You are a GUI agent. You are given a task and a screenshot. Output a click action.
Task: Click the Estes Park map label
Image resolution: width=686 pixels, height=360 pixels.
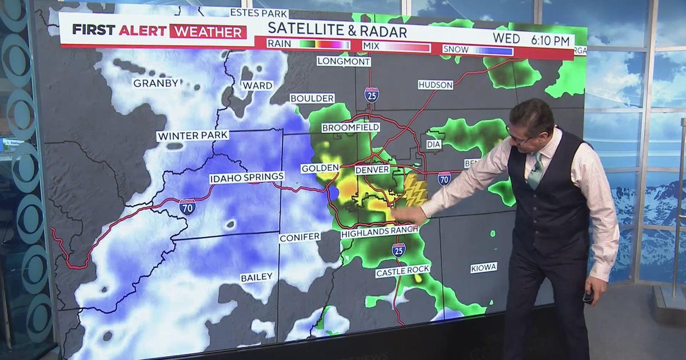coord(259,13)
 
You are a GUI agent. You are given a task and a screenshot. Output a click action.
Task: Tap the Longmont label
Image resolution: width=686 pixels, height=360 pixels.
coord(344,61)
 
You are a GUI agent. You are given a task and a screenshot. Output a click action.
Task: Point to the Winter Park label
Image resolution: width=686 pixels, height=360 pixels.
coord(193,136)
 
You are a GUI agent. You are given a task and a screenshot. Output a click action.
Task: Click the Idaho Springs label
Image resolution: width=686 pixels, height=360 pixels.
coord(246,178)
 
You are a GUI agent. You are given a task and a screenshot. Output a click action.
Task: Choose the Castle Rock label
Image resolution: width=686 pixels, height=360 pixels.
coord(402,271)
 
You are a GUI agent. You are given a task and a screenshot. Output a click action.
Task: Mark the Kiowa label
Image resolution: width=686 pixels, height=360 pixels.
coord(484,267)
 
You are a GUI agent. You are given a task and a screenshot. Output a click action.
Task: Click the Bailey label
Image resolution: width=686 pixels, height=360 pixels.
coord(256,278)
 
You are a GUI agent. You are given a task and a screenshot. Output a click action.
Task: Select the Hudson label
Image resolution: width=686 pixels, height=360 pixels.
coord(436,85)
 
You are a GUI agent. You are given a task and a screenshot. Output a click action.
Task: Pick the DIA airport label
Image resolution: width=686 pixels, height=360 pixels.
coord(434,145)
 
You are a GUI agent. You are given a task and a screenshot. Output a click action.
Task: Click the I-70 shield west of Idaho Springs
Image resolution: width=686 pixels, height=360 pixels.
coord(187,207)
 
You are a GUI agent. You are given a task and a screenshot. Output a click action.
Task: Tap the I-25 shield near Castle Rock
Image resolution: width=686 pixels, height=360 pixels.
coord(398,250)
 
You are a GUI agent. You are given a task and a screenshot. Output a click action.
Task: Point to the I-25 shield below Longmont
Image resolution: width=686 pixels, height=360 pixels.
coord(372,94)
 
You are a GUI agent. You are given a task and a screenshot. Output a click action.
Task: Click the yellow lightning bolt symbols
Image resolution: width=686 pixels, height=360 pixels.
coord(416,190)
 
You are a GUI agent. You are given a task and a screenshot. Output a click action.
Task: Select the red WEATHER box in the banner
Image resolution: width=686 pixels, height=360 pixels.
coord(208,31)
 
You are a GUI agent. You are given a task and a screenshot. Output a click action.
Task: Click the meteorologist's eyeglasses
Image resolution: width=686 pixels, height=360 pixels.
coord(517,138)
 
